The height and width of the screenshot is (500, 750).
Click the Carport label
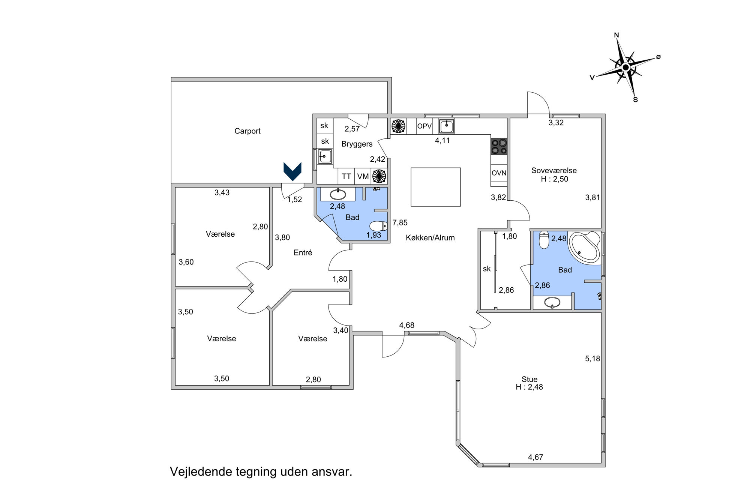tap(247, 131)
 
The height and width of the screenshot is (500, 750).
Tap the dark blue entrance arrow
tap(292, 171)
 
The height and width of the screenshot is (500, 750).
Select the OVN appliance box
tap(499, 173)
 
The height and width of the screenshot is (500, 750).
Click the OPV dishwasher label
tap(424, 126)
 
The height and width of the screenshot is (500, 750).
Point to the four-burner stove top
tap(499, 146)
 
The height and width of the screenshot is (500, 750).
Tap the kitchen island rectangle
tap(435, 187)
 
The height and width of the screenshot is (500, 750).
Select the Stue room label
tap(529, 379)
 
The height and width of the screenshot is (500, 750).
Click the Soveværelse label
tap(554, 170)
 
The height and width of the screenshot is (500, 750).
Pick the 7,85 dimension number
tap(400, 222)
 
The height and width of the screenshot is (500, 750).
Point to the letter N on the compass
tap(616, 35)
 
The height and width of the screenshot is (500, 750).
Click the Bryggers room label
tap(357, 144)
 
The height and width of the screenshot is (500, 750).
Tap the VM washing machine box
tap(363, 176)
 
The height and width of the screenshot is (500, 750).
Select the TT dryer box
tap(346, 176)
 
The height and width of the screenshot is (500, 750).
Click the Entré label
tap(303, 252)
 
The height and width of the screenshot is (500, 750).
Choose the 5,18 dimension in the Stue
tap(592, 359)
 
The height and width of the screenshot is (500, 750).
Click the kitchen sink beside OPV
tap(446, 126)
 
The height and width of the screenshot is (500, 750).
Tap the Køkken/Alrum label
tap(430, 237)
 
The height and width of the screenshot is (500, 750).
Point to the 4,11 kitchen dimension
tap(442, 140)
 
